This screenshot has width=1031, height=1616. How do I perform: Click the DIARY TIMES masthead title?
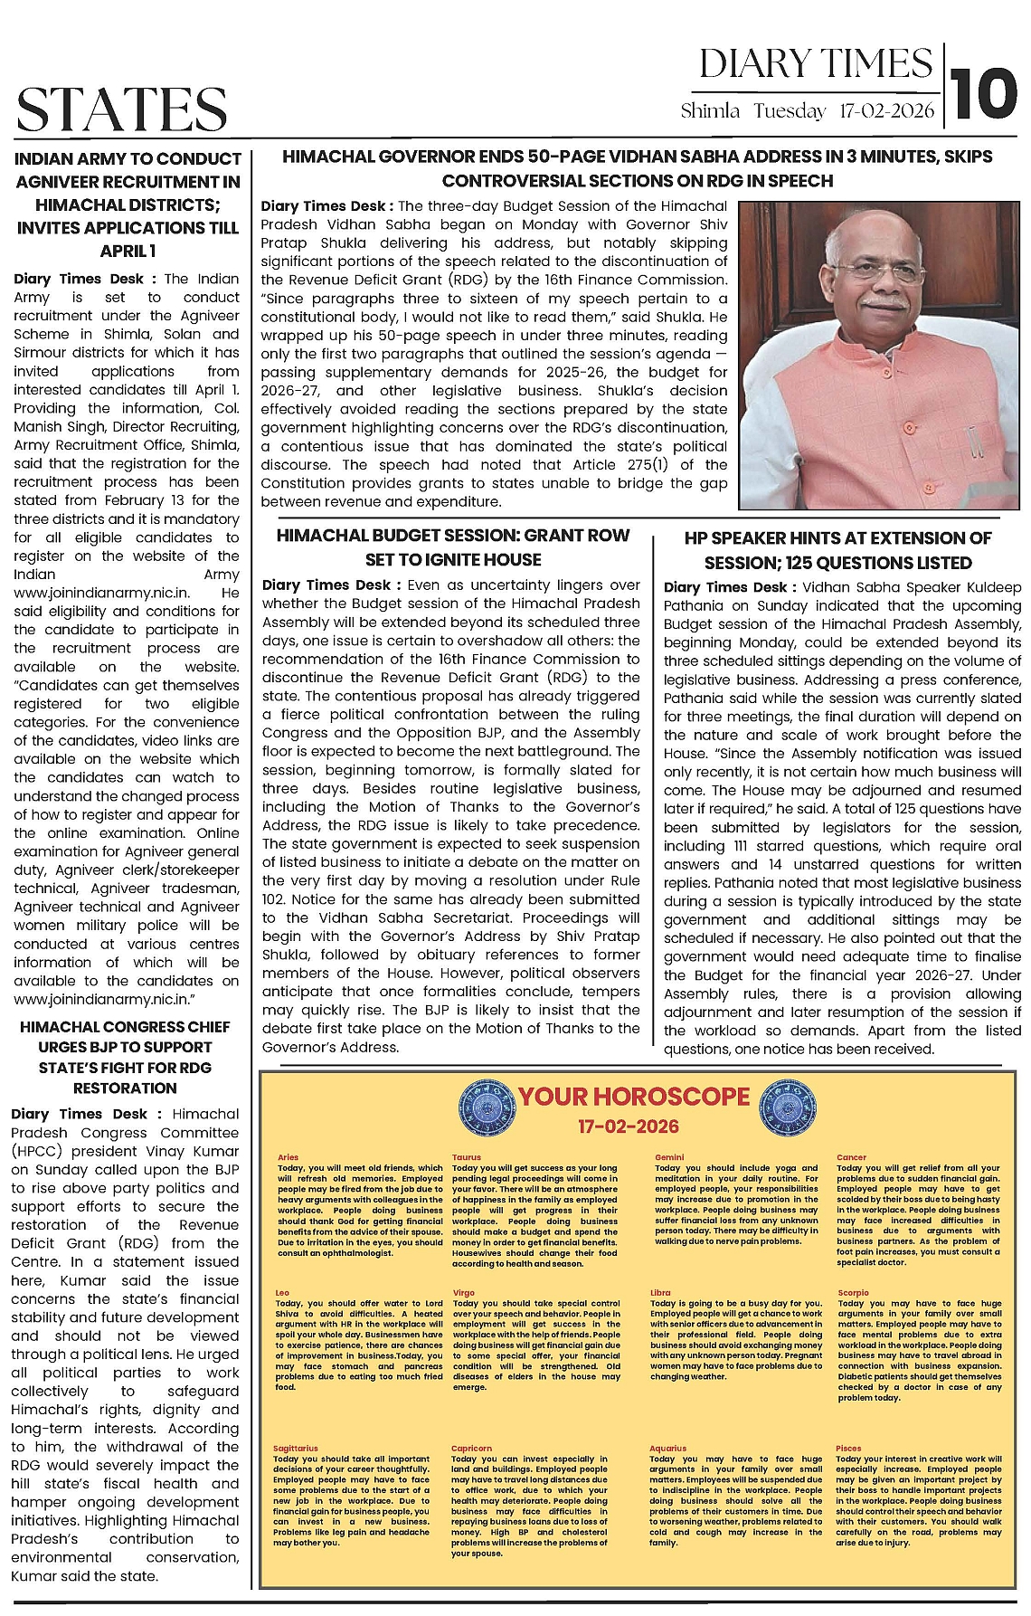coord(815,63)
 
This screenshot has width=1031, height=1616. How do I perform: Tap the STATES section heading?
coord(121,109)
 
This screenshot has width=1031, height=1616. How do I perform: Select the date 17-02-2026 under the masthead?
coord(887,111)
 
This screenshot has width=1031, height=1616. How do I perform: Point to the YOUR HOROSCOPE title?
coord(634,1097)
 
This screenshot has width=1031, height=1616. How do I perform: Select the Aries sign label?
coord(288,1157)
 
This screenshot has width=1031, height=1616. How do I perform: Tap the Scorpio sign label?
coord(852,1293)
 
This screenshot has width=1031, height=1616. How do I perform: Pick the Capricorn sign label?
coord(471,1449)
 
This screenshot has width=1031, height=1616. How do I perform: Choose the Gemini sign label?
coord(669,1157)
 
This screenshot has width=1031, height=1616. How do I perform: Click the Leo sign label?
coord(283,1293)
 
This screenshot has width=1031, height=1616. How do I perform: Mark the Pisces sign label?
coord(848,1449)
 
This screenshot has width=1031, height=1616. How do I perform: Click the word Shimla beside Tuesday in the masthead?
coord(710,111)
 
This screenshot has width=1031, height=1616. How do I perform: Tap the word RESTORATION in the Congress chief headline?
coord(126,1088)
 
